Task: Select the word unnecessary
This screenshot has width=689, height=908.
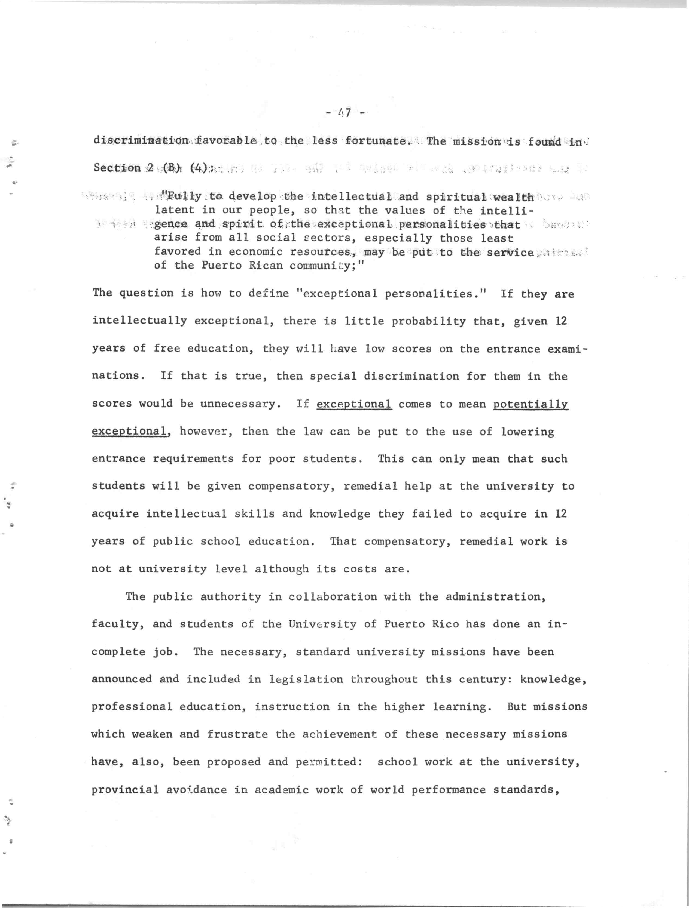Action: [x=240, y=404]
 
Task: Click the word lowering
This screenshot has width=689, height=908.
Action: [x=527, y=432]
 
